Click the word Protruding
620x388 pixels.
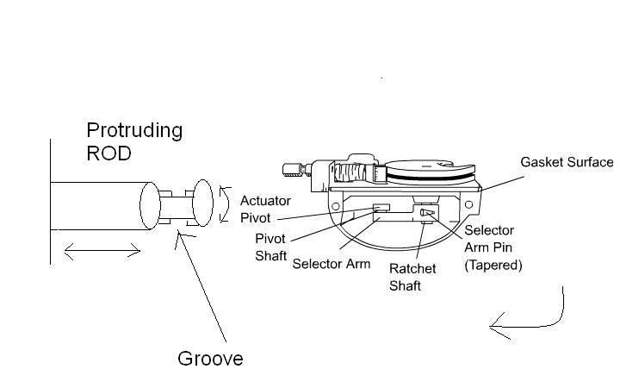[x=134, y=131]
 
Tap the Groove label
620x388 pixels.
[x=210, y=358]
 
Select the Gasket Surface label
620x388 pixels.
[x=567, y=162]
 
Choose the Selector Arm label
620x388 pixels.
[x=332, y=264]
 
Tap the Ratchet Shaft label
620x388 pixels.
[x=412, y=277]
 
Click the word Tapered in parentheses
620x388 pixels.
[x=493, y=266]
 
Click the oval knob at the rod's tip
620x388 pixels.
[x=202, y=204]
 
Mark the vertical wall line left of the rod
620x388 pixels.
[x=50, y=203]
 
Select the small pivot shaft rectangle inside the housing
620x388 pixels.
[x=381, y=207]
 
